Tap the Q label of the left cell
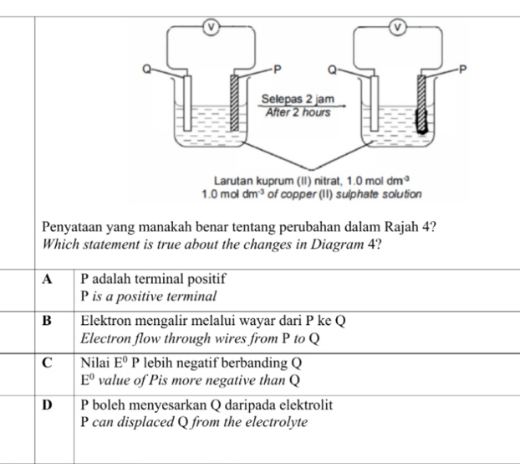148,70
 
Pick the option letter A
48,277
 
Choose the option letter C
48,363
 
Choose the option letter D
48,405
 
